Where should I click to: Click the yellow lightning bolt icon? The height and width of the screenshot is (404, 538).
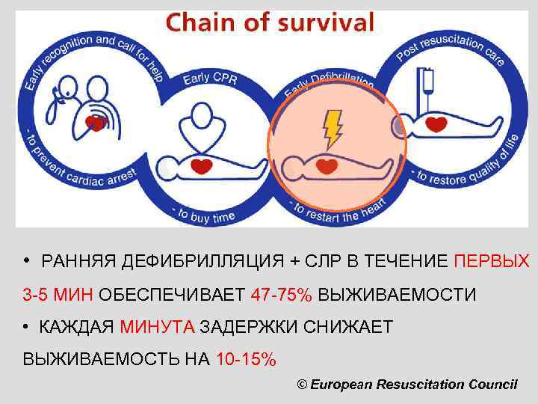[331, 129]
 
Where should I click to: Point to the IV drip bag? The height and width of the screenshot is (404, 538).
[428, 79]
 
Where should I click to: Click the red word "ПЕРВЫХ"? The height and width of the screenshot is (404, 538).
[492, 261]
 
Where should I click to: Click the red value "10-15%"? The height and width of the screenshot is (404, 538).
[245, 360]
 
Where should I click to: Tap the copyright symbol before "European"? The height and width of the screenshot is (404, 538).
[302, 384]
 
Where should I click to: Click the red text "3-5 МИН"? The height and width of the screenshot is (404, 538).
[58, 295]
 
